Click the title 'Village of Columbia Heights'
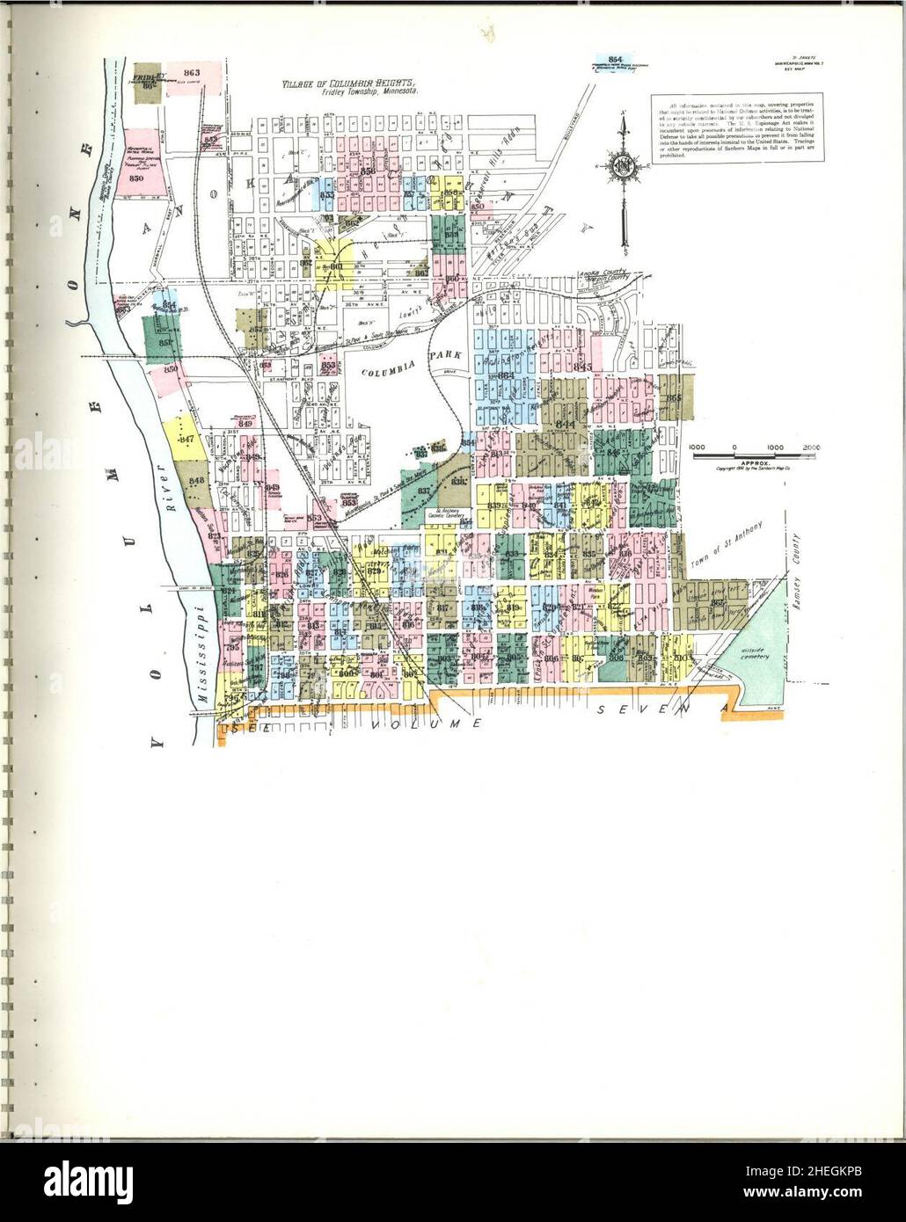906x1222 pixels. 351,84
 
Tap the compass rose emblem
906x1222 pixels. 624,167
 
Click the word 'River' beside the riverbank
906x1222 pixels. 174,485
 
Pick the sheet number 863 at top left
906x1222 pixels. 193,72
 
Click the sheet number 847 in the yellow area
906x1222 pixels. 186,439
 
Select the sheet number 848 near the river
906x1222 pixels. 196,480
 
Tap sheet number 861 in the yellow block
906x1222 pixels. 337,267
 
